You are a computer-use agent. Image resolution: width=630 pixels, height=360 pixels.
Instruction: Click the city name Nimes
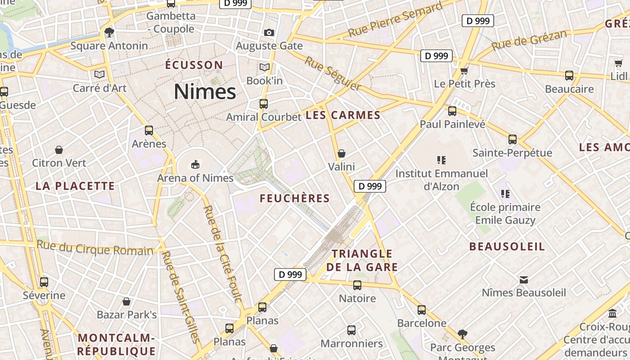[x=205, y=92]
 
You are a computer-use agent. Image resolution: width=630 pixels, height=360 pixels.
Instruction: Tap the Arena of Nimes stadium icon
[x=195, y=165]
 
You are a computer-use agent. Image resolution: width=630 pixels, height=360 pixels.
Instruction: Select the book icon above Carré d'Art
[x=99, y=74]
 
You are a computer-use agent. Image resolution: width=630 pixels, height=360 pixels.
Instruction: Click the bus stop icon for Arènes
[x=149, y=130]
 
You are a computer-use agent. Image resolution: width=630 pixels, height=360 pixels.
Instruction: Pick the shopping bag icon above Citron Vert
[x=58, y=149]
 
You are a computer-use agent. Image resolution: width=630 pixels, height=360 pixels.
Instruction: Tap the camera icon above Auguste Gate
[x=269, y=32]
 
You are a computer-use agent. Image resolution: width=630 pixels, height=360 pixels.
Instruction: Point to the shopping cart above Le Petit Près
[x=464, y=70]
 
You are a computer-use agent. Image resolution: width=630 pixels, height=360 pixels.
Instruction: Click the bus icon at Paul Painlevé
[x=452, y=111]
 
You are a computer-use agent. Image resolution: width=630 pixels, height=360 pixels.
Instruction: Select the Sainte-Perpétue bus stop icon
[x=513, y=139]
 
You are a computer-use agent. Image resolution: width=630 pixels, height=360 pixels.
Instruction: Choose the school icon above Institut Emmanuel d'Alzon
[x=441, y=160]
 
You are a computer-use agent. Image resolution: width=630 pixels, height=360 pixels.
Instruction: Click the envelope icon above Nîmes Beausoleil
[x=524, y=279]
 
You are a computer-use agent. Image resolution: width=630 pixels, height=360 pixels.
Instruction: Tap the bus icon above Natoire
[x=357, y=285]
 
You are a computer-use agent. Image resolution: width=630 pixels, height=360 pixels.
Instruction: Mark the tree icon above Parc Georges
[x=462, y=334]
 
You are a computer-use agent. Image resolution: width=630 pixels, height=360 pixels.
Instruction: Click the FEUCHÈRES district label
[x=295, y=198]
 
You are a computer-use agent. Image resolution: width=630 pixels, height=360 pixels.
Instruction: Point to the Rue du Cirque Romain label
[x=95, y=248]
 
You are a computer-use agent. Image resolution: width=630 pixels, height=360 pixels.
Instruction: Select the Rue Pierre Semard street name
[x=395, y=20]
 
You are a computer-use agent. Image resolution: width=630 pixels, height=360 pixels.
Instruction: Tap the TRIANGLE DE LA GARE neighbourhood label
[x=362, y=261]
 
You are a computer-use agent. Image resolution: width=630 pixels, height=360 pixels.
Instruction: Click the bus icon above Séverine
[x=44, y=282]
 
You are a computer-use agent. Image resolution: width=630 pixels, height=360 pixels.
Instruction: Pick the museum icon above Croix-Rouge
[x=612, y=313]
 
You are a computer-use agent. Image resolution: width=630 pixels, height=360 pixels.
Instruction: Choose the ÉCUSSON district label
[x=194, y=65]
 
